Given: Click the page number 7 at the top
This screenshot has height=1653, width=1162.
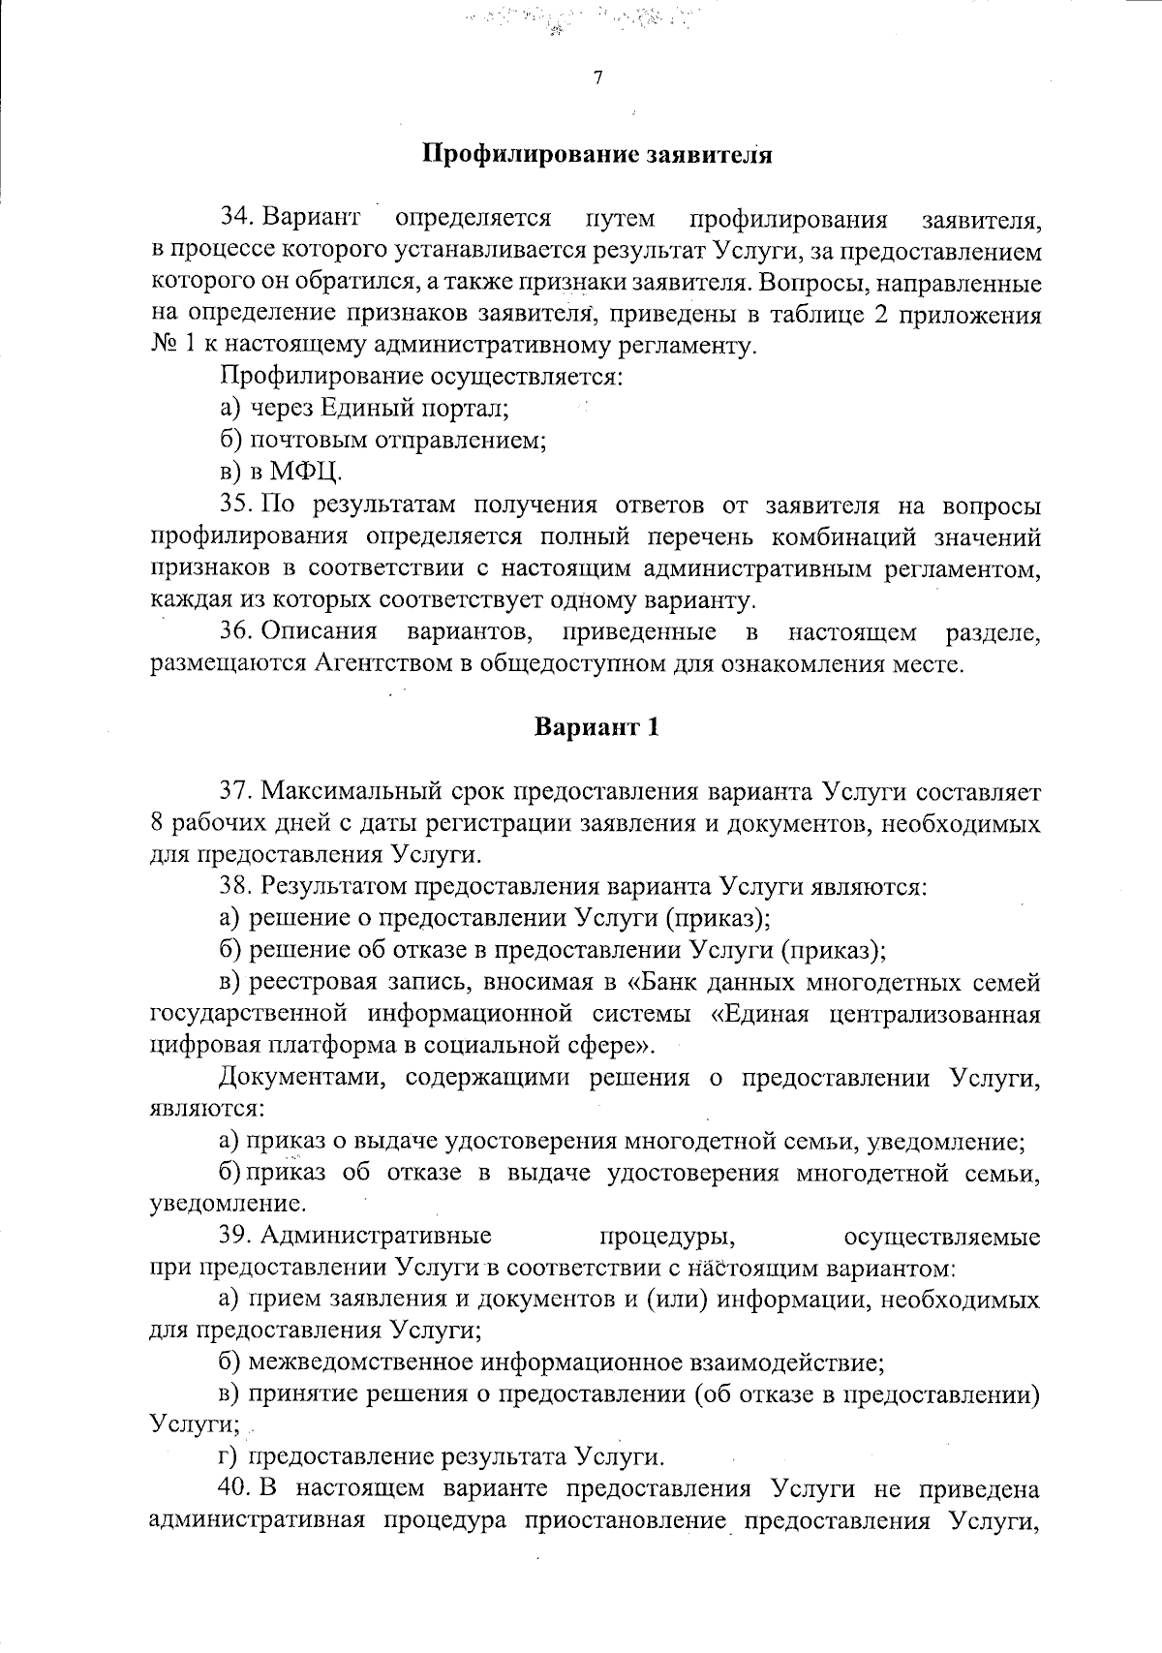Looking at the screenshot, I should pos(597,78).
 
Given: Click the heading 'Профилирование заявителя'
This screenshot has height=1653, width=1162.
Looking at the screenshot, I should pos(596,154).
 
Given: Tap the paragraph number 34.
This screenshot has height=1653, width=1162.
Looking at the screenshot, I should pos(237,217).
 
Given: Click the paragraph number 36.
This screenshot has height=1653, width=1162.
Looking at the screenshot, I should pos(237,632).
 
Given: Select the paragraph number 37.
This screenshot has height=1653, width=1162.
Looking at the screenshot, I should pos(238,791).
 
